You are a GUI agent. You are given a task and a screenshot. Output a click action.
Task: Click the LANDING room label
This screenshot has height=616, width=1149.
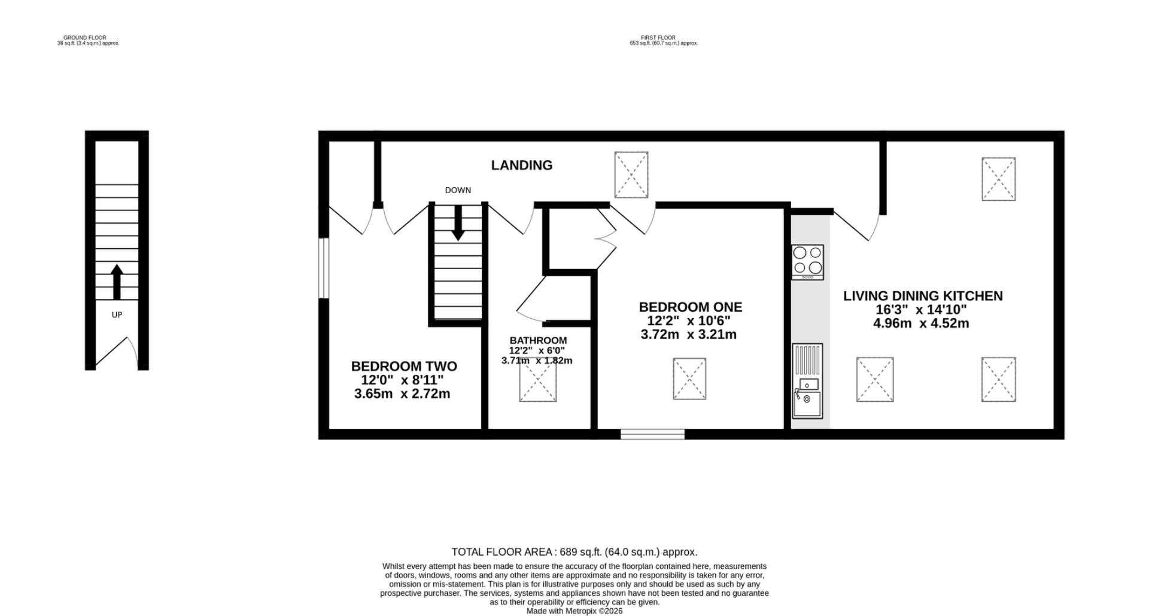[x=522, y=165]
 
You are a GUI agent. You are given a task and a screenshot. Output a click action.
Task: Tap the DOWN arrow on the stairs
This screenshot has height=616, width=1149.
[x=458, y=223]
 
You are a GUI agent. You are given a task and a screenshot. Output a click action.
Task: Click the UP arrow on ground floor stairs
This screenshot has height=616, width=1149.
[x=117, y=282]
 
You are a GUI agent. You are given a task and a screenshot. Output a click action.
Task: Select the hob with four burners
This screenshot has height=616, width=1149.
[x=807, y=262]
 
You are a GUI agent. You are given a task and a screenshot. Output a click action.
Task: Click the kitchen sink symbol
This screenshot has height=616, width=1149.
[x=807, y=380]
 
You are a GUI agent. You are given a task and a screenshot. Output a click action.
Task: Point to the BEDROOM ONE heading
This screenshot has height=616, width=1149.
[x=691, y=307]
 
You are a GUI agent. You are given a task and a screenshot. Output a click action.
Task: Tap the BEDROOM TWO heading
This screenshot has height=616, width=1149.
[x=404, y=366]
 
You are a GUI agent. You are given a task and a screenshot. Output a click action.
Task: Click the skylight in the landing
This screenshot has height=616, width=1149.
[x=631, y=175]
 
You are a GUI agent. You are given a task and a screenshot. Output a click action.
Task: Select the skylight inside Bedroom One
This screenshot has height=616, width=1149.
[x=689, y=379]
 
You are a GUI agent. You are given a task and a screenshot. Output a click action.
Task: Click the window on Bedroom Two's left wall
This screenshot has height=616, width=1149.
[x=323, y=268]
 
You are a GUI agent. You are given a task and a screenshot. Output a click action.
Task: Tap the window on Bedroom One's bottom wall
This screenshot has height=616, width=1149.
[x=652, y=434]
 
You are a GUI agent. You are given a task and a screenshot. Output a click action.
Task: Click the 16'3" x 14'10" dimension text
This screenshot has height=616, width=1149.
[x=922, y=310]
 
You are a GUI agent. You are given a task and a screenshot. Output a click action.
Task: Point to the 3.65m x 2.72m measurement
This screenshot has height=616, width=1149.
[x=402, y=394]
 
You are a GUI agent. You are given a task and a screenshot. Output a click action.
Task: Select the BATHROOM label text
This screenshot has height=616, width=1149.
[x=538, y=340]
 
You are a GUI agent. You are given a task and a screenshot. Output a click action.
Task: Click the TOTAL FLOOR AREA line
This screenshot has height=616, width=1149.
[x=574, y=552]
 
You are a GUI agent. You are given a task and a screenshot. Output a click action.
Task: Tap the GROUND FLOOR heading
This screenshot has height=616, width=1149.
[x=85, y=38]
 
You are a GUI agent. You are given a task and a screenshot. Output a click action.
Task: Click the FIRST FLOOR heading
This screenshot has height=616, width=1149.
[x=658, y=38]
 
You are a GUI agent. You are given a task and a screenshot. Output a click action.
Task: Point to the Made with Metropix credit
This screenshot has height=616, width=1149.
[x=574, y=611]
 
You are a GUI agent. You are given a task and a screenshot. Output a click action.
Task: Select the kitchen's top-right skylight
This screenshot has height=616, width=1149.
[x=999, y=179]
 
